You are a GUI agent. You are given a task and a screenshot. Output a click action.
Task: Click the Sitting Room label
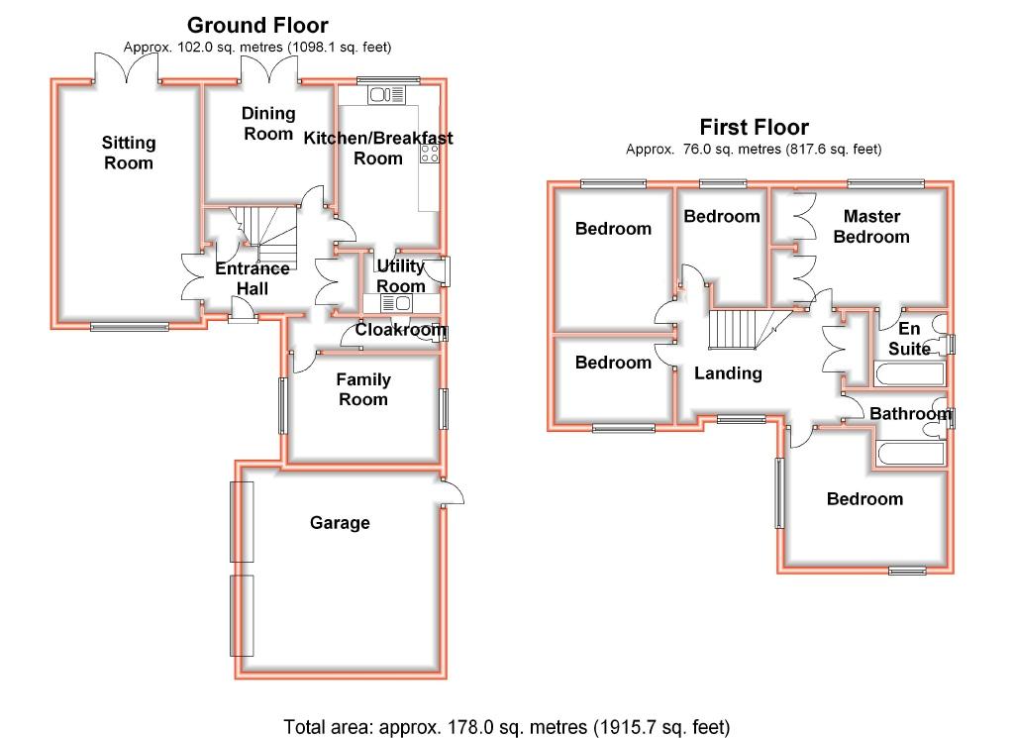pyautogui.click(x=129, y=153)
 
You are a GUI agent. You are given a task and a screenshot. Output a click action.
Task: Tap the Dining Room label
pyautogui.click(x=268, y=124)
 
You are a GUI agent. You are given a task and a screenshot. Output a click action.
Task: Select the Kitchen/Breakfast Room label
pyautogui.click(x=378, y=148)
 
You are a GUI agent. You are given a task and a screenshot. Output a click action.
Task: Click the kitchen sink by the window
pyautogui.click(x=386, y=95)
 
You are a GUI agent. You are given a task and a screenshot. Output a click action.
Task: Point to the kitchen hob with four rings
pyautogui.click(x=431, y=154)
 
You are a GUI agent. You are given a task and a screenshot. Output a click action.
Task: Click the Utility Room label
pyautogui.click(x=401, y=276)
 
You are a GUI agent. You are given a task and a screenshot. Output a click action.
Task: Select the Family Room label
pyautogui.click(x=363, y=389)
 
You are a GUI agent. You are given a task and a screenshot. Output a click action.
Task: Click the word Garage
pyautogui.click(x=340, y=522)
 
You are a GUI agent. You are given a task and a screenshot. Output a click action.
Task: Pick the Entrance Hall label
pyautogui.click(x=253, y=278)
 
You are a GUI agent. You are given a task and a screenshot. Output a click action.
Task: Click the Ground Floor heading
pyautogui.click(x=257, y=25)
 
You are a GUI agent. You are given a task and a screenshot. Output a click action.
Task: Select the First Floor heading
pyautogui.click(x=754, y=127)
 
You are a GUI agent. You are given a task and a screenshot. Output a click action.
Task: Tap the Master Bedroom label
pyautogui.click(x=871, y=226)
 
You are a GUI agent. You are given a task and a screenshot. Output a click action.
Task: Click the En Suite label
pyautogui.click(x=909, y=338)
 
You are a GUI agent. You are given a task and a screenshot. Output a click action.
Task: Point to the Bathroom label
pyautogui.click(x=910, y=414)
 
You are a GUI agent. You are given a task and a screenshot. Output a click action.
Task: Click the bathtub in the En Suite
pyautogui.click(x=909, y=374)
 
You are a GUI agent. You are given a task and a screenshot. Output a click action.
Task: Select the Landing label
pyautogui.click(x=728, y=373)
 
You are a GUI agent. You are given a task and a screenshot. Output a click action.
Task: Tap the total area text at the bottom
pyautogui.click(x=506, y=726)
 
